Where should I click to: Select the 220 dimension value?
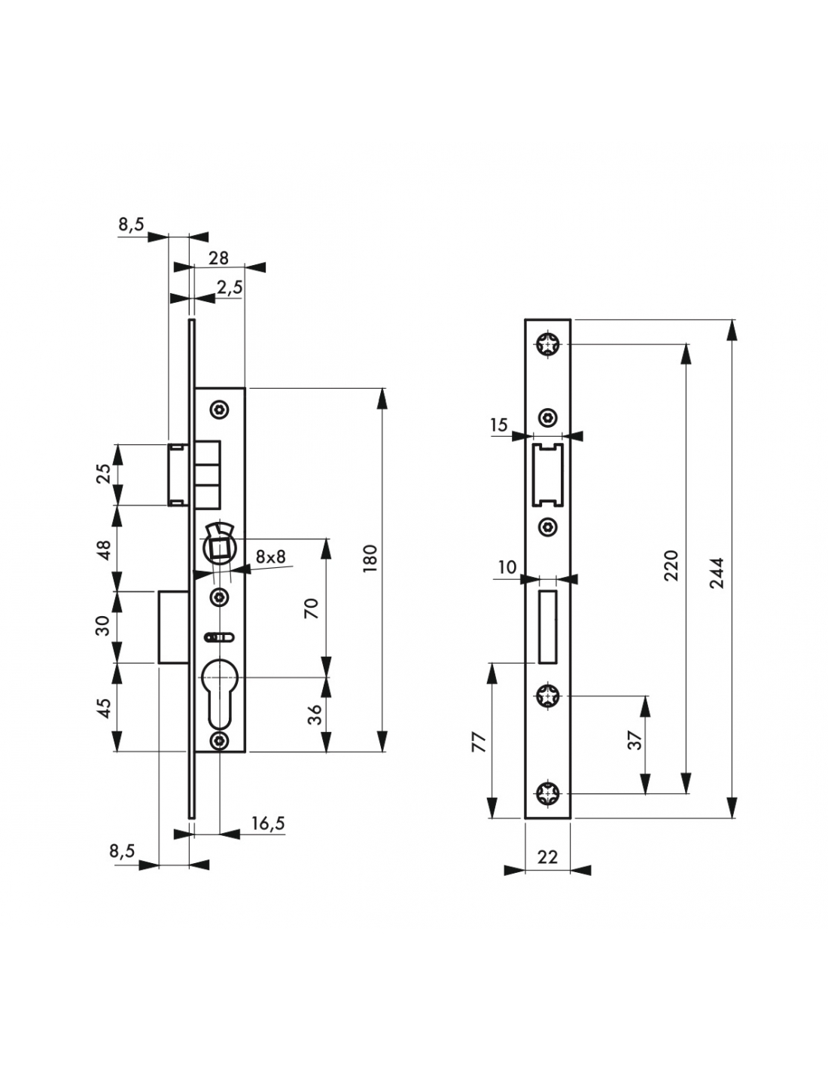pyautogui.click(x=672, y=566)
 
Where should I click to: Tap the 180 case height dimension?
pyautogui.click(x=370, y=558)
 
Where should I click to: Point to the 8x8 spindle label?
pyautogui.click(x=270, y=557)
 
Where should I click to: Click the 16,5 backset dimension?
pyautogui.click(x=268, y=823)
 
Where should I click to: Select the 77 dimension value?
pyautogui.click(x=479, y=742)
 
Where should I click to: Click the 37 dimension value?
pyautogui.click(x=635, y=740)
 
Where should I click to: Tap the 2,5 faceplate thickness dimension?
pyautogui.click(x=230, y=288)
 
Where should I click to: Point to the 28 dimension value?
pyautogui.click(x=218, y=258)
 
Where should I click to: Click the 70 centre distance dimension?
pyautogui.click(x=312, y=609)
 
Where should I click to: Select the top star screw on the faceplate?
pyautogui.click(x=548, y=344)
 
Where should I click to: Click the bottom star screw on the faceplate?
pyautogui.click(x=548, y=794)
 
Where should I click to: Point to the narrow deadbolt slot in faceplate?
pyautogui.click(x=548, y=627)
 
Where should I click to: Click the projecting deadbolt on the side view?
pyautogui.click(x=173, y=627)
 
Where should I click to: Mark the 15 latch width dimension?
pyautogui.click(x=498, y=424)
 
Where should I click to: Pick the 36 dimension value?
pyautogui.click(x=314, y=714)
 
